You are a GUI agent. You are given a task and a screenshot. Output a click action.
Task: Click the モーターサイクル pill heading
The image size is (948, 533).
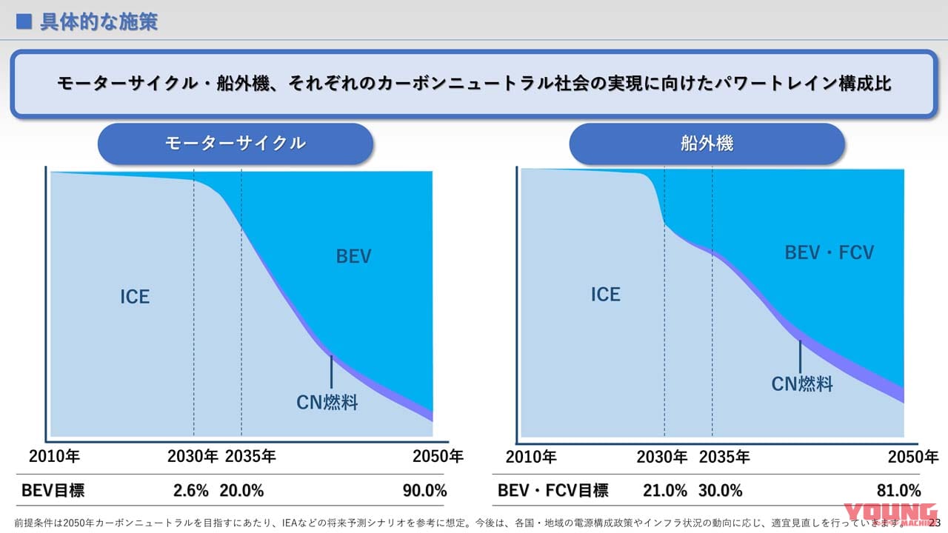[235, 144]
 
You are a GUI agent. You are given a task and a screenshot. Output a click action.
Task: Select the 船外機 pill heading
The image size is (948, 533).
[707, 144]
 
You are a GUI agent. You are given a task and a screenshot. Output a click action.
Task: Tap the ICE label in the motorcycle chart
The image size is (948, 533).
[135, 297]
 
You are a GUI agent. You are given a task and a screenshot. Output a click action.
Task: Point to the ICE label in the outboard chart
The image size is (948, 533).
[605, 295]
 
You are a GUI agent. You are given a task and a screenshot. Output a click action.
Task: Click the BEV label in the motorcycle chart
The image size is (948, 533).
[353, 257]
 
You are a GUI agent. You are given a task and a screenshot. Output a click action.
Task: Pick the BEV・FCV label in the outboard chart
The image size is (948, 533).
[829, 253]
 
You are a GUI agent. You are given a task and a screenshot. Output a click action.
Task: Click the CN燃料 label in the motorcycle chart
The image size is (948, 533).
[327, 402]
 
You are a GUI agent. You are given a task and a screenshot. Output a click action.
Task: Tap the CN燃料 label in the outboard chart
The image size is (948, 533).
[802, 384]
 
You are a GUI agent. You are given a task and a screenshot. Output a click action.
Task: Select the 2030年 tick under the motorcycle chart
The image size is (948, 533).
[193, 456]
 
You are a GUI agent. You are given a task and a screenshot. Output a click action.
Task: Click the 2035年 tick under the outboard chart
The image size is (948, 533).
[724, 457]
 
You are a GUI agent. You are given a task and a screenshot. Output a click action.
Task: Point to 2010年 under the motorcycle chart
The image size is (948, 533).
[54, 456]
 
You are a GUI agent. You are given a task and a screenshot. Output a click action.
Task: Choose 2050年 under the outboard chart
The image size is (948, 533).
[912, 457]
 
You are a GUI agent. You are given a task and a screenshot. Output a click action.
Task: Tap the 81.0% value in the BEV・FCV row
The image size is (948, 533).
[899, 490]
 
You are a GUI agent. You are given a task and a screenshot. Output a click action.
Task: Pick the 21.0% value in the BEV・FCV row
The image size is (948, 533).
[665, 490]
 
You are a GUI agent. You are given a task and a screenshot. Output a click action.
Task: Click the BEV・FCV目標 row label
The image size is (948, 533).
[553, 490]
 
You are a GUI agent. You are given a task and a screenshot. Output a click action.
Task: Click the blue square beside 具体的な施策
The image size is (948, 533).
[24, 21]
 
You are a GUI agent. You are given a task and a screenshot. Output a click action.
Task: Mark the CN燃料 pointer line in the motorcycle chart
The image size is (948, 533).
[331, 372]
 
